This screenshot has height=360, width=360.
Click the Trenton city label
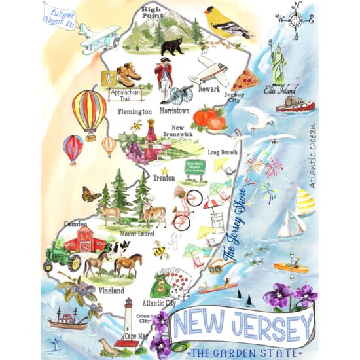pos(164,178)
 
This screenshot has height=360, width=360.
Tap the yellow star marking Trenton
pos(164,170)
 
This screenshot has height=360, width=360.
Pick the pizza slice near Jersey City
pos(245,81)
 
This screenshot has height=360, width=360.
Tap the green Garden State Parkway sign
pos(195,167)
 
